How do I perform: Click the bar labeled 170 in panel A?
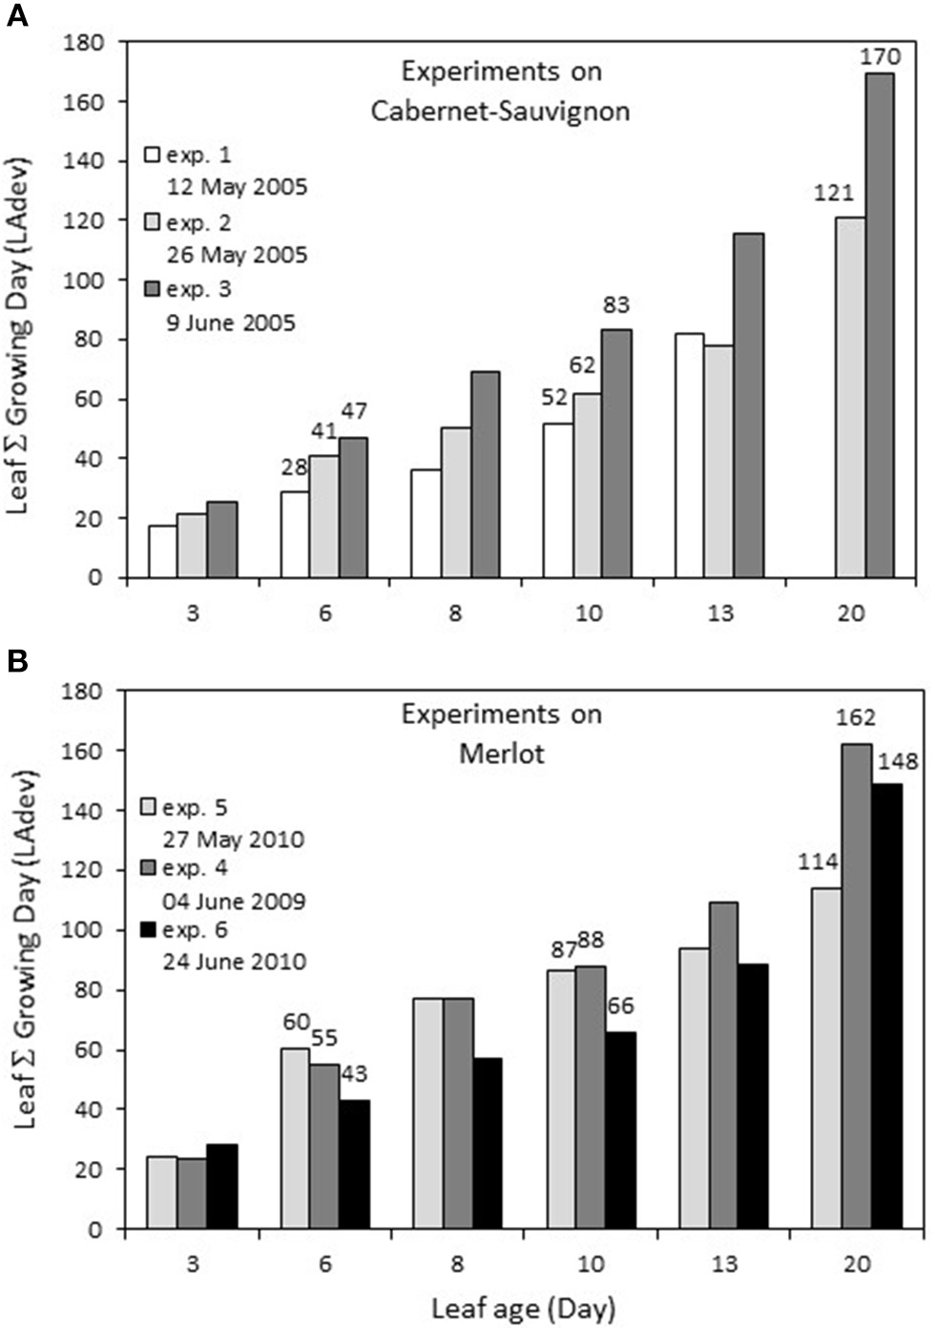pyautogui.click(x=880, y=324)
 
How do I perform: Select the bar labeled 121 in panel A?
pyautogui.click(x=850, y=397)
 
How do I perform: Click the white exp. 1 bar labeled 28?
pyautogui.click(x=295, y=534)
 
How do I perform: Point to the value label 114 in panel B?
pyautogui.click(x=818, y=861)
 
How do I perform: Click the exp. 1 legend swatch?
pyautogui.click(x=151, y=155)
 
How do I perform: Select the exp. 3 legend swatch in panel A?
pyautogui.click(x=151, y=288)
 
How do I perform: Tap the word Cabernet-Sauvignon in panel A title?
pyautogui.click(x=500, y=111)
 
